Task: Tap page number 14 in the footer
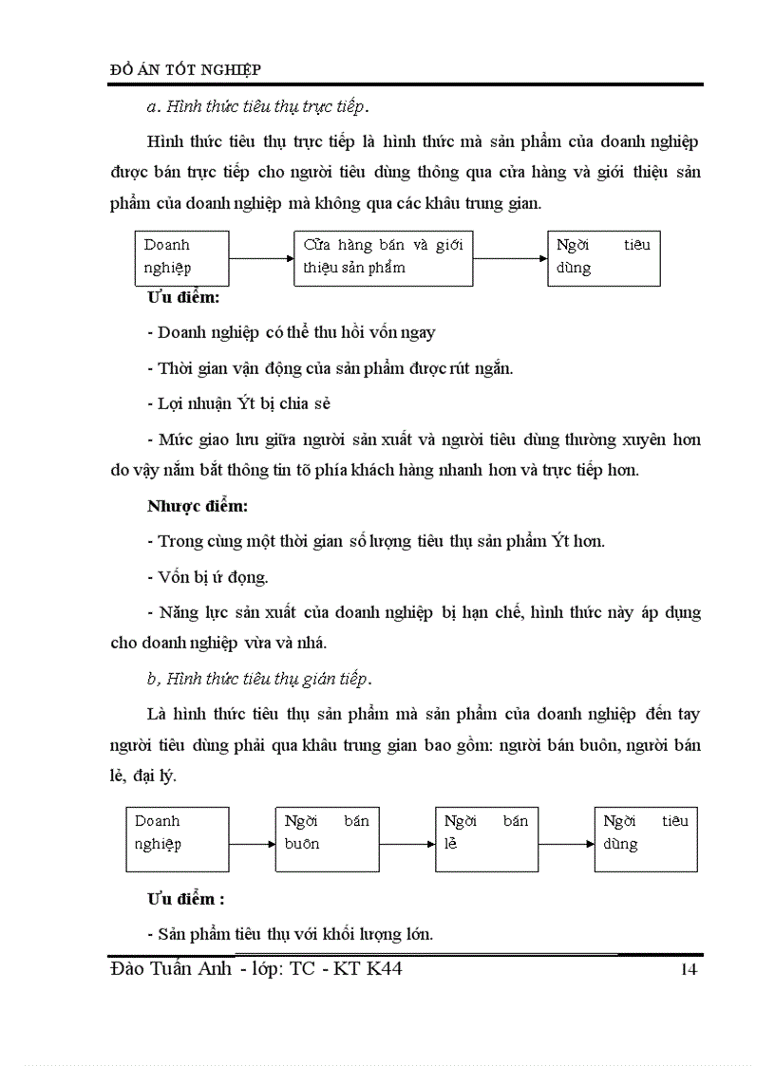689,969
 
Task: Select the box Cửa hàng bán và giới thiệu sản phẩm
383,257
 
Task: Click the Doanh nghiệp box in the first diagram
181,257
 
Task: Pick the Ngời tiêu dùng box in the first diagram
603,257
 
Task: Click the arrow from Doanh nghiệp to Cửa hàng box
261,258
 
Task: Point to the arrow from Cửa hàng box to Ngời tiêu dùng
510,258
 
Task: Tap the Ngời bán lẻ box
486,839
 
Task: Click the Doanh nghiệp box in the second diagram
178,839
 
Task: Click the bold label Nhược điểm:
197,506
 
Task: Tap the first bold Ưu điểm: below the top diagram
183,298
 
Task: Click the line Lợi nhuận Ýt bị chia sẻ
239,403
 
